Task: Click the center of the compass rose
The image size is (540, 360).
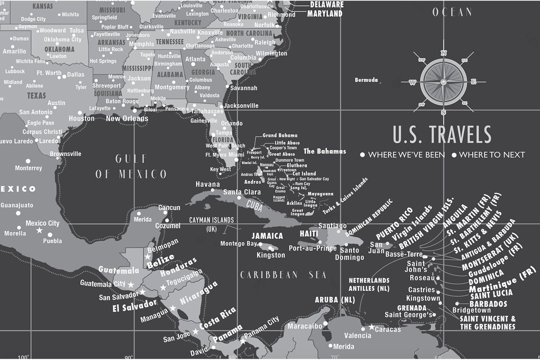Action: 443,82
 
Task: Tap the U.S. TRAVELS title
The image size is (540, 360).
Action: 442,135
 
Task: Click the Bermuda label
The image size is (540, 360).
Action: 366,80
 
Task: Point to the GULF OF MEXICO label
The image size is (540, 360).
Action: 131,166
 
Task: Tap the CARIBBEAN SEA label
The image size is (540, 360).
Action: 283,275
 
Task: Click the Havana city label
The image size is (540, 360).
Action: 208,184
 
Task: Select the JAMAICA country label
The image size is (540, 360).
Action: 267,236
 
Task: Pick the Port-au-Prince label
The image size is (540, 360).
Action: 313,248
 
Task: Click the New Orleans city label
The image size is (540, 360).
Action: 127,118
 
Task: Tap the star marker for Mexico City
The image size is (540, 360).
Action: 40,230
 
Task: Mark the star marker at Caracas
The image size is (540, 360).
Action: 371,327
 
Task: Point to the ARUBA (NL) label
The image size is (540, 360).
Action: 335,300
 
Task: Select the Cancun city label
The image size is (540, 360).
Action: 169,207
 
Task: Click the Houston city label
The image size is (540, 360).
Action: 81,118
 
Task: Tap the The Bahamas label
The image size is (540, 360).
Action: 324,152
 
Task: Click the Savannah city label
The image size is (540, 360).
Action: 244,88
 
